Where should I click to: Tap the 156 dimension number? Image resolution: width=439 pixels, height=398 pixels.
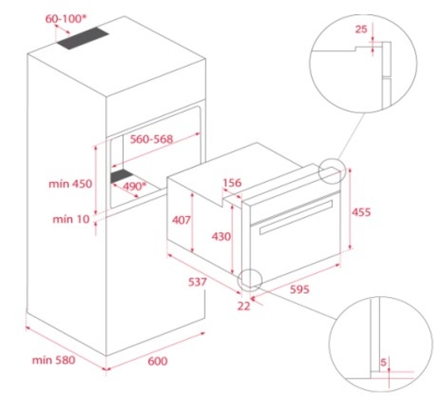[233, 184]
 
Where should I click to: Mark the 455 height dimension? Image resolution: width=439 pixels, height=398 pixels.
[363, 212]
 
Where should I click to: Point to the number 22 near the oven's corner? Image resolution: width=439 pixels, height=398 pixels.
[243, 306]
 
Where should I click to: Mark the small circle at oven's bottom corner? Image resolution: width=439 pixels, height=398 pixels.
[250, 279]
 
